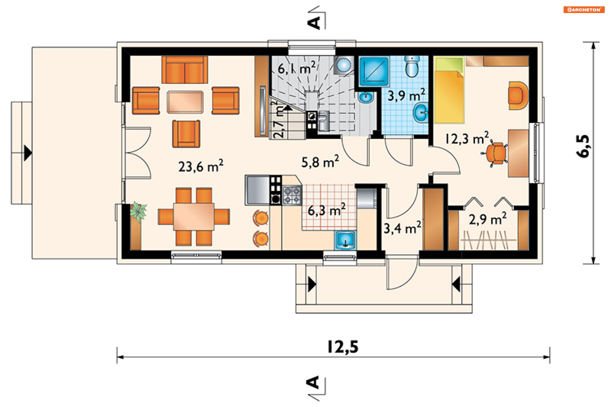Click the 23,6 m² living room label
[x=201, y=166]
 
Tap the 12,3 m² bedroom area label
[x=467, y=138]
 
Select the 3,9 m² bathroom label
[x=406, y=95]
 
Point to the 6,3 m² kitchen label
[x=327, y=210]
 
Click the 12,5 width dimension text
[x=343, y=347]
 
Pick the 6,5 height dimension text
[x=583, y=146]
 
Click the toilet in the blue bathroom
[x=412, y=67]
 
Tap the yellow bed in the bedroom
[x=449, y=90]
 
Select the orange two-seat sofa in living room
[x=185, y=70]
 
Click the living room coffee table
[x=185, y=102]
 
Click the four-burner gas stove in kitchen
[x=292, y=195]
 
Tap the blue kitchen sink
[x=345, y=240]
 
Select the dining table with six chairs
[x=194, y=217]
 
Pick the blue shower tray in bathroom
[x=374, y=71]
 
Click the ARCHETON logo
[x=584, y=10]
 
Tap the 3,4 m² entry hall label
[x=402, y=228]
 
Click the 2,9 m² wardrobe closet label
[x=488, y=219]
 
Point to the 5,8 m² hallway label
[x=320, y=162]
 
